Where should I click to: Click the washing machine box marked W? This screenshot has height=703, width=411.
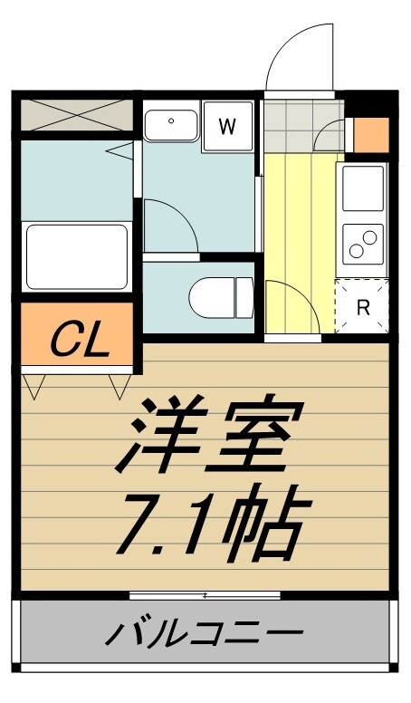[227, 126]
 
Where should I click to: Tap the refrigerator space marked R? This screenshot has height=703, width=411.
[363, 306]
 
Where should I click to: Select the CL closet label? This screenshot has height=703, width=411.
[79, 340]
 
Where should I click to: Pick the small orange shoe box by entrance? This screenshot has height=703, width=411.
[369, 134]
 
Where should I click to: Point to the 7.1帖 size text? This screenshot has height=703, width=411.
[206, 525]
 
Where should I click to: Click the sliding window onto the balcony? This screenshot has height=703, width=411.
[205, 595]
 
